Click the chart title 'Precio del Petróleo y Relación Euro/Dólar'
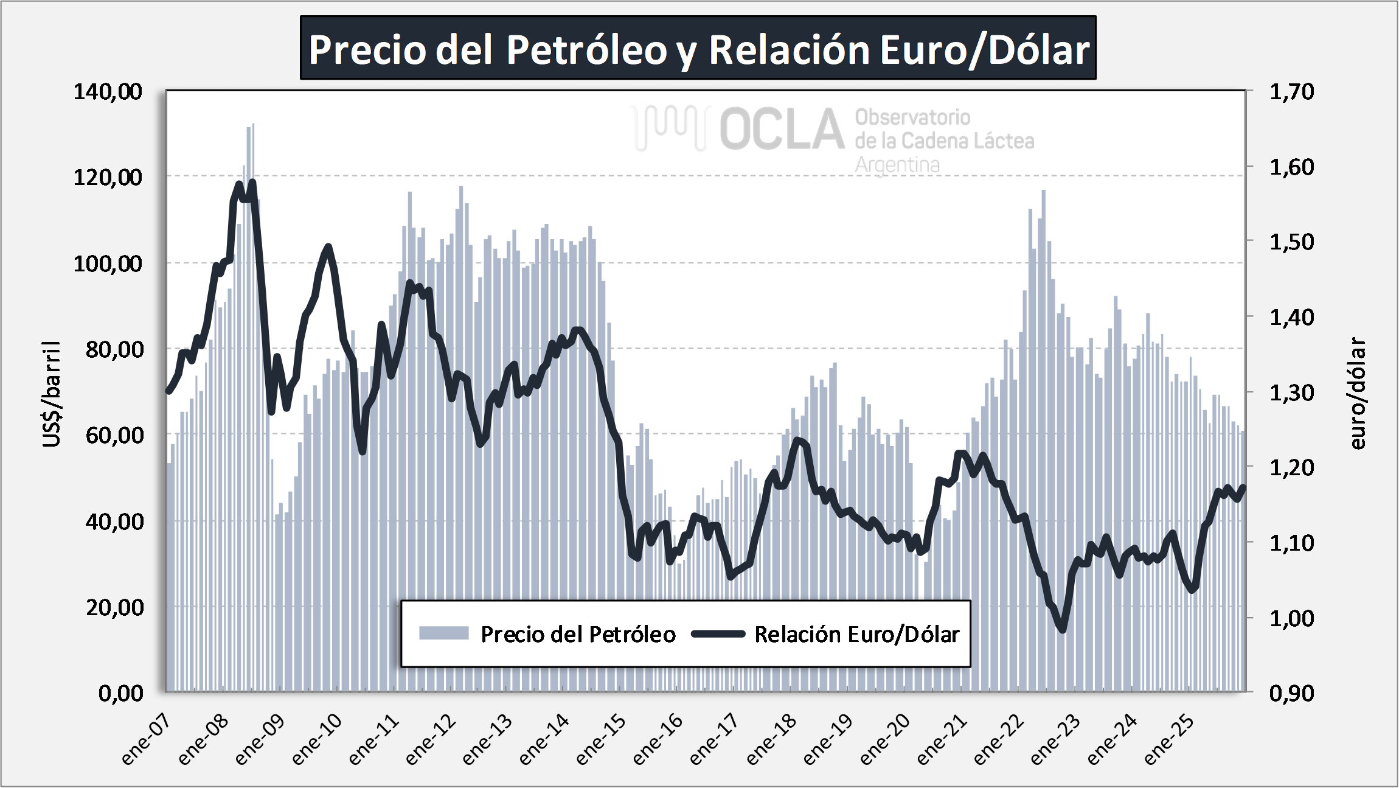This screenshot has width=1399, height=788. coord(698,49)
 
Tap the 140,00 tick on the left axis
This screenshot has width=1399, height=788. coord(108,92)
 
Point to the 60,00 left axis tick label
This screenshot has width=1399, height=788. coord(114,435)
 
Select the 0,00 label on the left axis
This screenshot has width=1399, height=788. coord(121,693)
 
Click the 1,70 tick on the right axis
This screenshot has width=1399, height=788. coord(1291,92)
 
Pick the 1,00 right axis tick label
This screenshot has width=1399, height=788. coord(1291,618)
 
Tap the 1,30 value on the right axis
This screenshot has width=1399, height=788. coord(1291,392)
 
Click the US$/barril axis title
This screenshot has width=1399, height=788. coord(52,394)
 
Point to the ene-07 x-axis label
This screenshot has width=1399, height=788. coord(145,739)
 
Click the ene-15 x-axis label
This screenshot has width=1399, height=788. coord(600,739)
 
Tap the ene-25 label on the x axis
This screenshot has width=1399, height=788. coord(1168,739)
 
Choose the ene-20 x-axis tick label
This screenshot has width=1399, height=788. coord(884,739)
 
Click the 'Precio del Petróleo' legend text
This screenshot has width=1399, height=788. coord(578,634)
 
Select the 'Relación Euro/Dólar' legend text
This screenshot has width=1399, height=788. coord(856,634)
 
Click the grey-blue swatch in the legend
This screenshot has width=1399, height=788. coord(443,633)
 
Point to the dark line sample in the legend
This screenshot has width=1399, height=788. coord(718,634)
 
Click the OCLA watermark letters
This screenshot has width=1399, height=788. coord(782,129)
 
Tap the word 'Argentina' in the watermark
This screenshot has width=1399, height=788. coord(897,165)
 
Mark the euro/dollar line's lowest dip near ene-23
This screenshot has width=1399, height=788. coord(1063,629)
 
